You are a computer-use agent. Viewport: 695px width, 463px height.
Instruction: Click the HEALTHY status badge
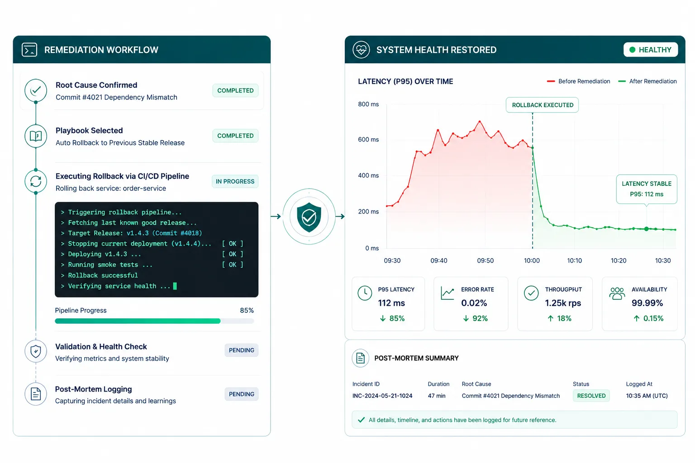(650, 50)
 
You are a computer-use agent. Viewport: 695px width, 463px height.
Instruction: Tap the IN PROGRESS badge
(235, 181)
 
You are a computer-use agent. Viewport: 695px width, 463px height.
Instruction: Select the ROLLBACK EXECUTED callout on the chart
(543, 105)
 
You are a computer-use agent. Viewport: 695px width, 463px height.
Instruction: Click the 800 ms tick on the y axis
(368, 104)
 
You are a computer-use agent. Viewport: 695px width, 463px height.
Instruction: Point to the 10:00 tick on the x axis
(532, 260)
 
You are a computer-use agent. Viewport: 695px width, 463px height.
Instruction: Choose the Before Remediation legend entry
(578, 81)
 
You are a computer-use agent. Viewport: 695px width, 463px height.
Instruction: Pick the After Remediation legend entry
(647, 81)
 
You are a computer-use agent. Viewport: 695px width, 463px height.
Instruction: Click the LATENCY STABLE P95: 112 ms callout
(647, 189)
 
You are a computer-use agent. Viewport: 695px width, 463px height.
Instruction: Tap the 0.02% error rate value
(474, 303)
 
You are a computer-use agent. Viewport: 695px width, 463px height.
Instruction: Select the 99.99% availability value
(647, 303)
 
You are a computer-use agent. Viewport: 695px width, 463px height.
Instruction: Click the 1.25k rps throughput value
(563, 303)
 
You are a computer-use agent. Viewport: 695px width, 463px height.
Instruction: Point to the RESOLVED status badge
(591, 396)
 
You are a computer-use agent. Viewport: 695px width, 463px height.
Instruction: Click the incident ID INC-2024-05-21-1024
(382, 396)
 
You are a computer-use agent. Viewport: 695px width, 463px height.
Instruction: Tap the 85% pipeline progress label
(247, 311)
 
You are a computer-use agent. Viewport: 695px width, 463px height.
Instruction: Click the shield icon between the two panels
(309, 217)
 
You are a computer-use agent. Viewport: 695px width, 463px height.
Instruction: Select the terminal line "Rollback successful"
(103, 275)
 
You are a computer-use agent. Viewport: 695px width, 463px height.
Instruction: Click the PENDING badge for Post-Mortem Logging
(241, 394)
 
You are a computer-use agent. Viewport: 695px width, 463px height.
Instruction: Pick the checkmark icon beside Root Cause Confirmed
(36, 90)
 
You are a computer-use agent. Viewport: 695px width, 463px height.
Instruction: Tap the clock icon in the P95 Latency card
(365, 293)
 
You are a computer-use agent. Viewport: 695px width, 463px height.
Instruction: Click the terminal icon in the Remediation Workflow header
(29, 50)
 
